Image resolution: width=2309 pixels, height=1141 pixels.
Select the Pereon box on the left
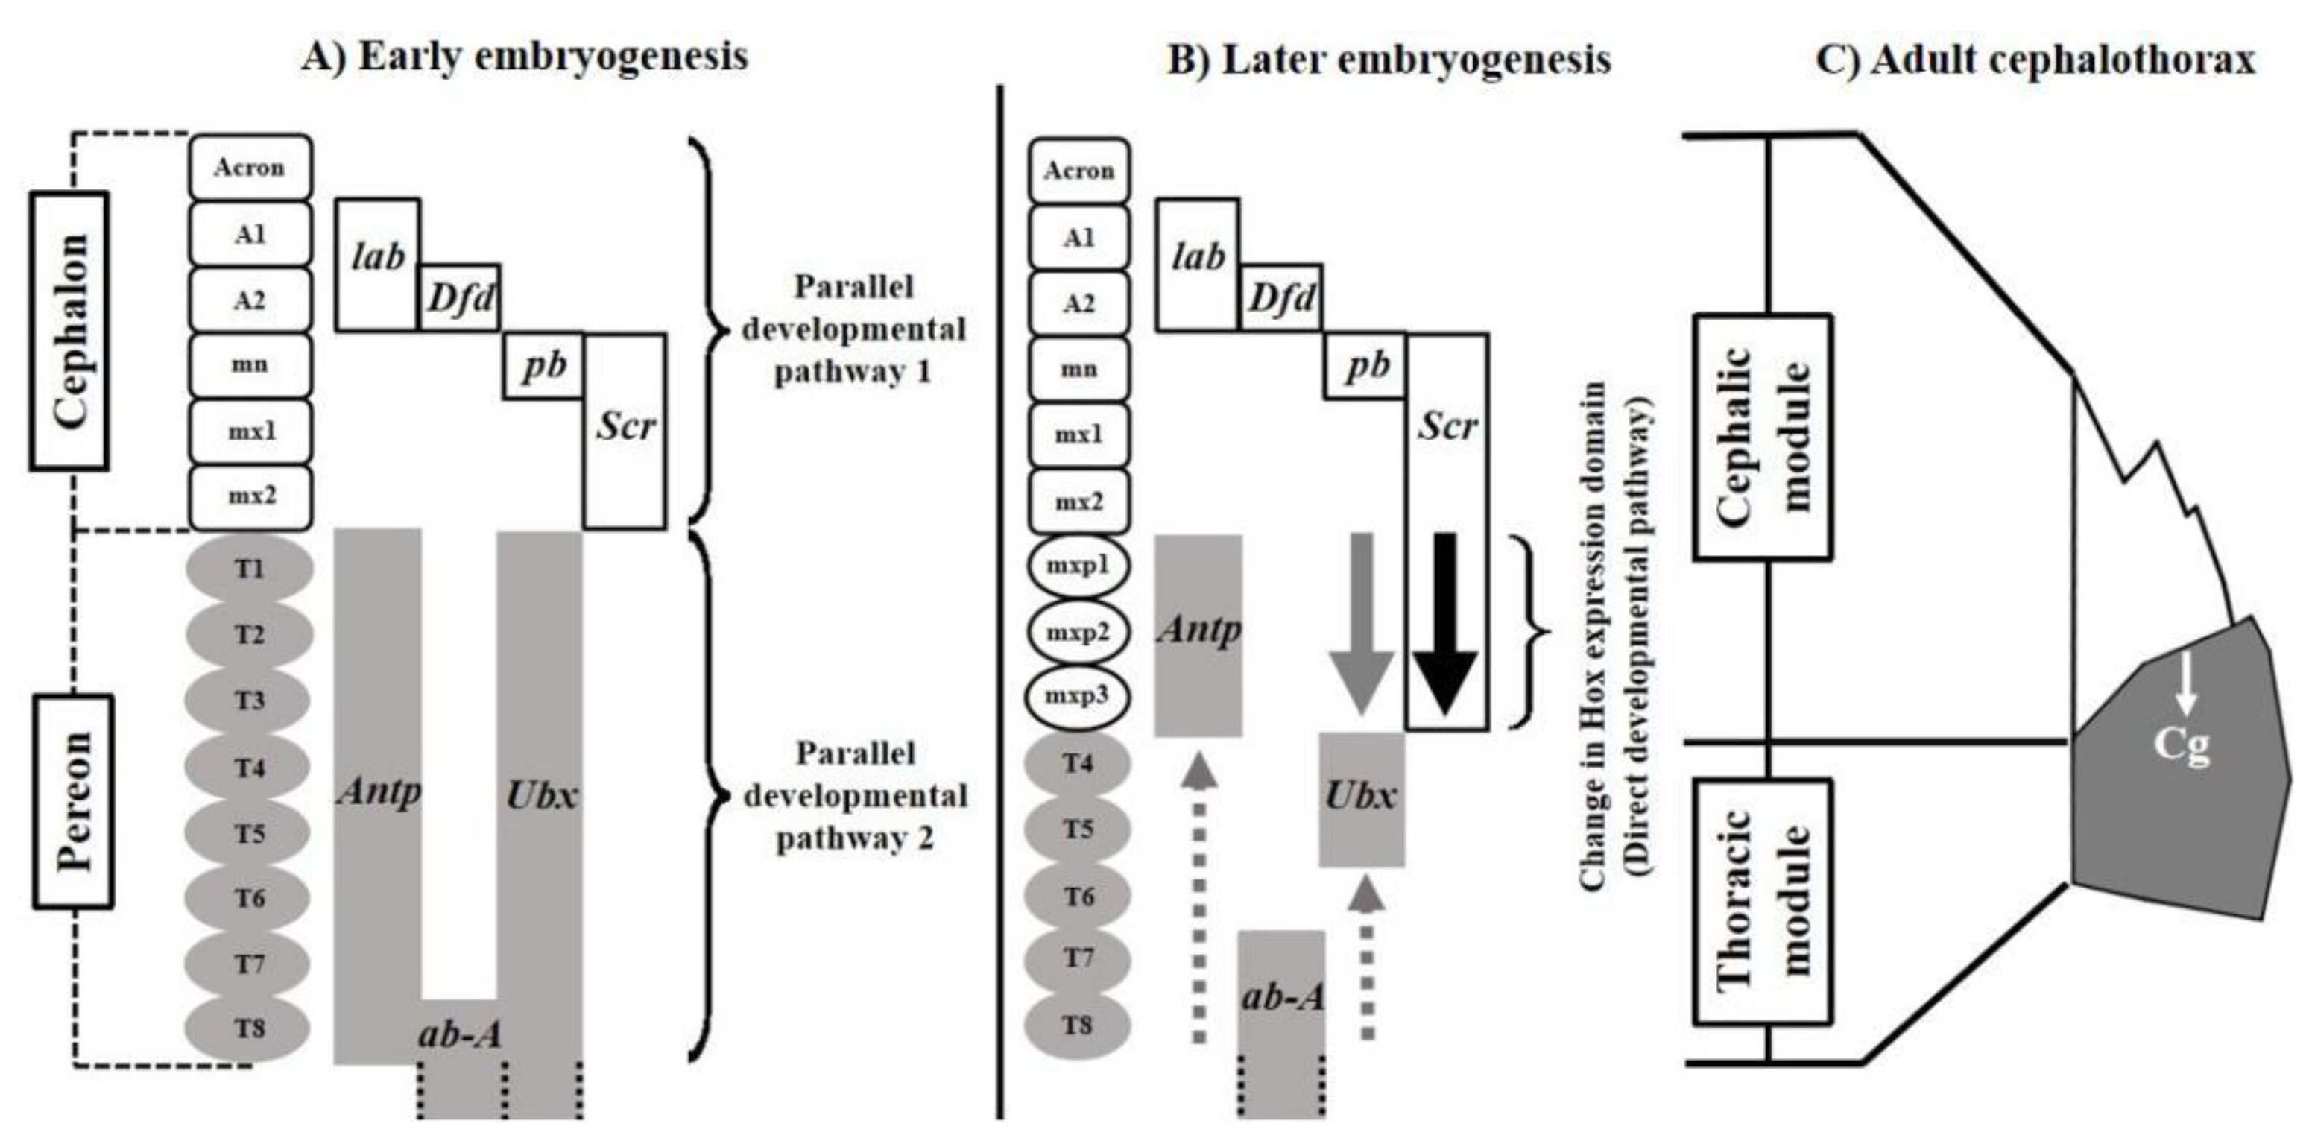coord(74,800)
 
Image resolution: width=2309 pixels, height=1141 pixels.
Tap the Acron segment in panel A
coord(250,168)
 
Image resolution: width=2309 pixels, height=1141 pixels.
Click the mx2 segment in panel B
coord(1078,502)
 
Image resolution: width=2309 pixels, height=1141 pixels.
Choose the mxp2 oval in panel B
coord(1078,633)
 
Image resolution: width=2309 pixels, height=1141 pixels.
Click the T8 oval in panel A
coord(249,1027)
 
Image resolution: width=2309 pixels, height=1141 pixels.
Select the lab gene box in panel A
coord(377,264)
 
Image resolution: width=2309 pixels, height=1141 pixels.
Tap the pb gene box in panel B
coord(1365,366)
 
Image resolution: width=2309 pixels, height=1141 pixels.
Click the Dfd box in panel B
coord(1282,297)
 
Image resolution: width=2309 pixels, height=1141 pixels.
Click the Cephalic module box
coord(1762,437)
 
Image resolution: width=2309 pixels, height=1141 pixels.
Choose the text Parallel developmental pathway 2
coord(855,796)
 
